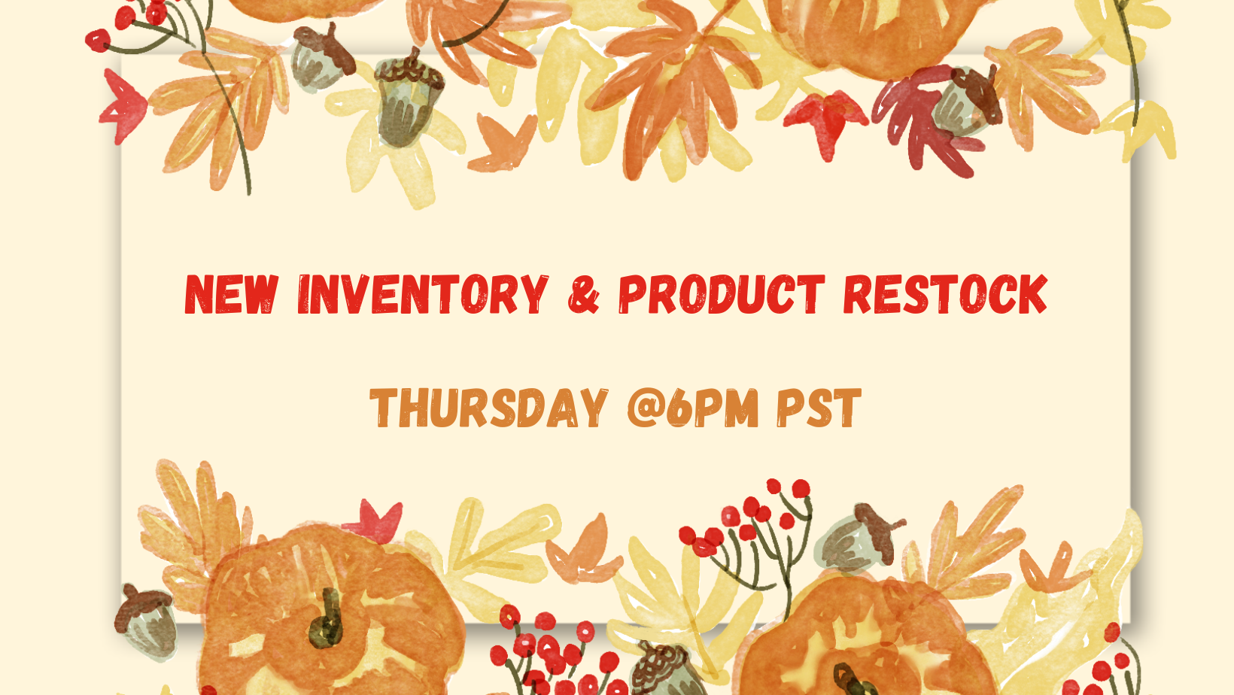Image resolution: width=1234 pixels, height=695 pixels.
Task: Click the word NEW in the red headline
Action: coord(232,294)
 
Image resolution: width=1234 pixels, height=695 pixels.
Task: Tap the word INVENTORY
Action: coord(423,294)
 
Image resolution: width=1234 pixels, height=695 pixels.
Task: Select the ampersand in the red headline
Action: coord(583,294)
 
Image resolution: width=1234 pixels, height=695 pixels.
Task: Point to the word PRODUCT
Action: coord(722,294)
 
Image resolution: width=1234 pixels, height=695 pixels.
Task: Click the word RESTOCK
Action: coord(945,294)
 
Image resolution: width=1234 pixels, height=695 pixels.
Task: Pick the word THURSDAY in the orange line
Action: coord(489,408)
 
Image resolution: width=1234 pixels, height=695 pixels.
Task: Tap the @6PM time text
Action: coord(693,408)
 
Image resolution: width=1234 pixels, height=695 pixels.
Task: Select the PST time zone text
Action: coord(819,408)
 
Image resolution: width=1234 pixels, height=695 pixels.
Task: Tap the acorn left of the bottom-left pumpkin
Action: coord(146,621)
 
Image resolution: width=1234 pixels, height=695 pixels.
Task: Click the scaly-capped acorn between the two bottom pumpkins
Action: coord(667,669)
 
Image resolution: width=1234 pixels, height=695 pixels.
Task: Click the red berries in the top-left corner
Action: coord(129,22)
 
